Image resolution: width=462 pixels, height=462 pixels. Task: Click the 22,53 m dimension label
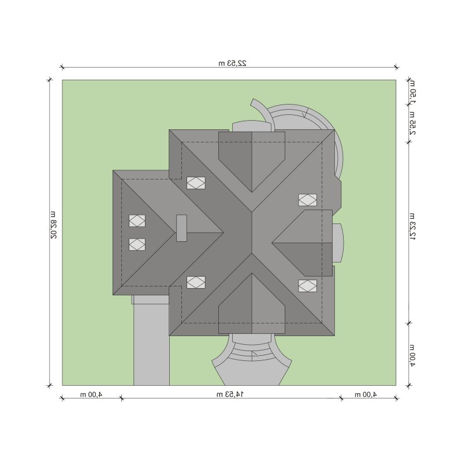tap(232, 63)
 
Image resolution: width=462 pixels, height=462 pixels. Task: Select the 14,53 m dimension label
tap(230, 394)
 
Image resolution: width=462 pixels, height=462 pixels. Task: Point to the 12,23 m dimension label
tap(412, 226)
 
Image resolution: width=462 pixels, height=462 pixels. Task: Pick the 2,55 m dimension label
tap(412, 123)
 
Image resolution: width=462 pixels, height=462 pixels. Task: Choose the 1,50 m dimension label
tap(412, 92)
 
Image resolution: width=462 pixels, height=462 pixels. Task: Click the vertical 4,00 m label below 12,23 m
tap(412, 355)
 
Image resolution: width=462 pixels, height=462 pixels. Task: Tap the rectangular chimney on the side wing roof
tap(181, 228)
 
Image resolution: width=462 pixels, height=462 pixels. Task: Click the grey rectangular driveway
tap(151, 341)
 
